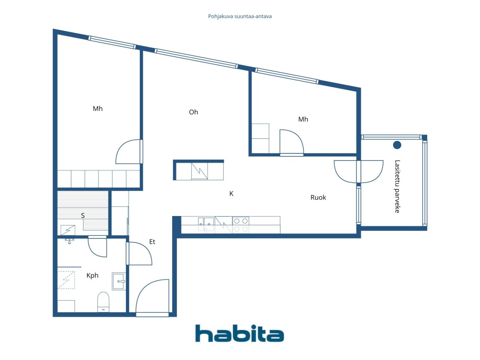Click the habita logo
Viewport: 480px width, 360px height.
(x=240, y=333)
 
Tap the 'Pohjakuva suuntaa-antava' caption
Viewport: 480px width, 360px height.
(x=240, y=16)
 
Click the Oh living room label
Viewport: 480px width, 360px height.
(x=193, y=112)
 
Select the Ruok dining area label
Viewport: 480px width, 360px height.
(x=318, y=197)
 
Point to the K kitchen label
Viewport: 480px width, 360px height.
(x=231, y=193)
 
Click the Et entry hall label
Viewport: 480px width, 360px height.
(x=152, y=241)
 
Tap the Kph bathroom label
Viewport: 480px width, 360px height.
(x=92, y=275)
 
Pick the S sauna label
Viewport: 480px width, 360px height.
(x=82, y=216)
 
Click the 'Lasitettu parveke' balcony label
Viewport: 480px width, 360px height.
(x=397, y=186)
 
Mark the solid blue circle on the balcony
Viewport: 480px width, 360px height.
(x=397, y=145)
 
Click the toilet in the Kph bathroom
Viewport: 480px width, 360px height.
(x=103, y=302)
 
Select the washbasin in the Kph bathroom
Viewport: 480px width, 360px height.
(x=119, y=281)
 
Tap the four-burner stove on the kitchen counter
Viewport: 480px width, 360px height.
(x=240, y=225)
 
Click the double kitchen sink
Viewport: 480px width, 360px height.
(x=206, y=224)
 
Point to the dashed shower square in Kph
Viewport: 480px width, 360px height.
(x=66, y=280)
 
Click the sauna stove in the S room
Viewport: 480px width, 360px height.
(x=68, y=230)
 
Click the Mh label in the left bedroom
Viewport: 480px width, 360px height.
(x=97, y=109)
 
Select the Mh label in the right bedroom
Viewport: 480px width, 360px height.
(x=303, y=119)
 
